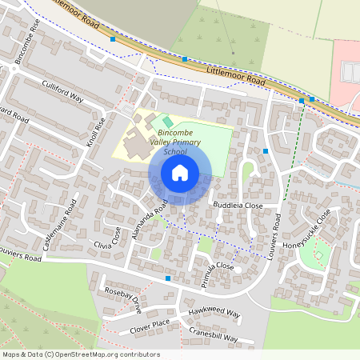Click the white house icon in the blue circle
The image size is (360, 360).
[180, 173]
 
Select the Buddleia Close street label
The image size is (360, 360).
[238, 206]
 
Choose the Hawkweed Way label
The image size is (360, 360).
[214, 313]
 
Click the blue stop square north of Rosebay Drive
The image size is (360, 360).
[168, 278]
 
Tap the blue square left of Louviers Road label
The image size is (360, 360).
[265, 150]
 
